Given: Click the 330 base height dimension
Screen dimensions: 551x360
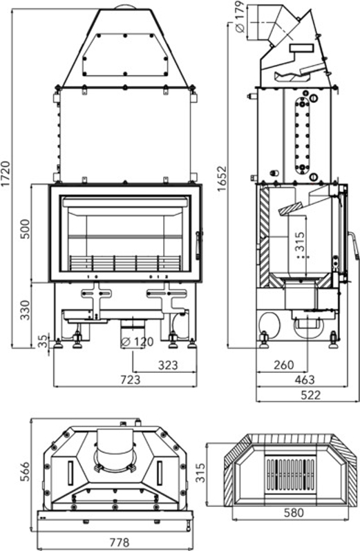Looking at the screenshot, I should coord(26,311).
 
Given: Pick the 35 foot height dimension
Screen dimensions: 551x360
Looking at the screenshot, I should coord(43,341).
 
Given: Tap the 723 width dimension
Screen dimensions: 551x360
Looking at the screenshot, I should coord(130,379).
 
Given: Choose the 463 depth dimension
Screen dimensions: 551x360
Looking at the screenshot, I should coord(304,379).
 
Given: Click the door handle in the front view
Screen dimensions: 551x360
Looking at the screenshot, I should coord(199,243).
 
